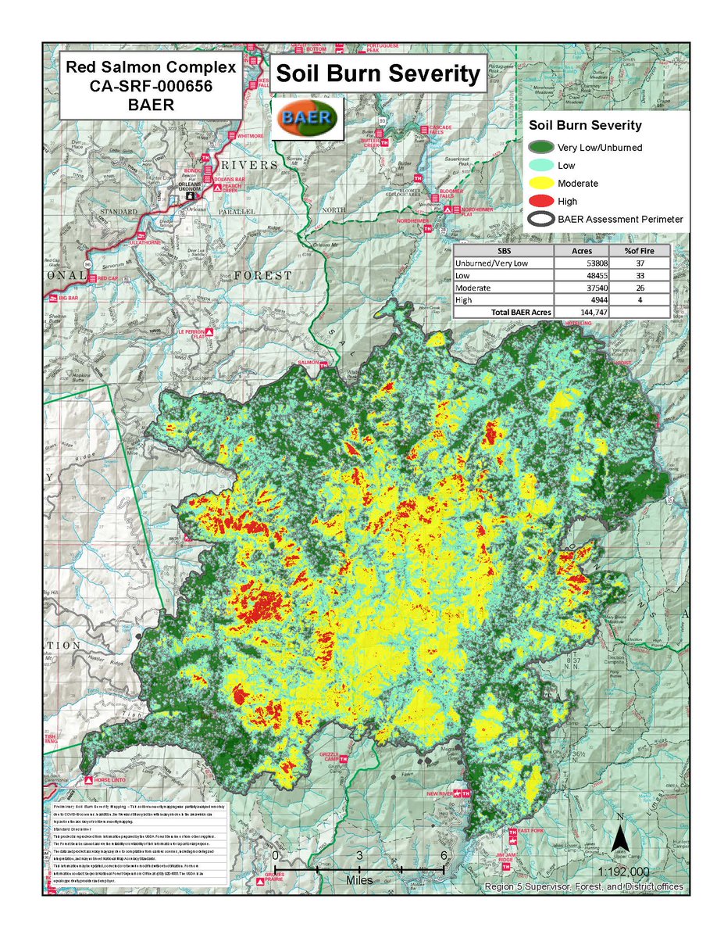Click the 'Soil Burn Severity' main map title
pos(378,74)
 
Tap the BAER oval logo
pos(308,117)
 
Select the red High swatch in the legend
pos(540,201)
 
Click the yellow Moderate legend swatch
pos(540,183)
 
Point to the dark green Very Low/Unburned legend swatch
pos(540,146)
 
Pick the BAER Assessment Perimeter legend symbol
pos(540,220)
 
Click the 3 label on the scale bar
pos(359,855)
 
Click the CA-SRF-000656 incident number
pos(152,85)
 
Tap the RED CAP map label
pos(108,277)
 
